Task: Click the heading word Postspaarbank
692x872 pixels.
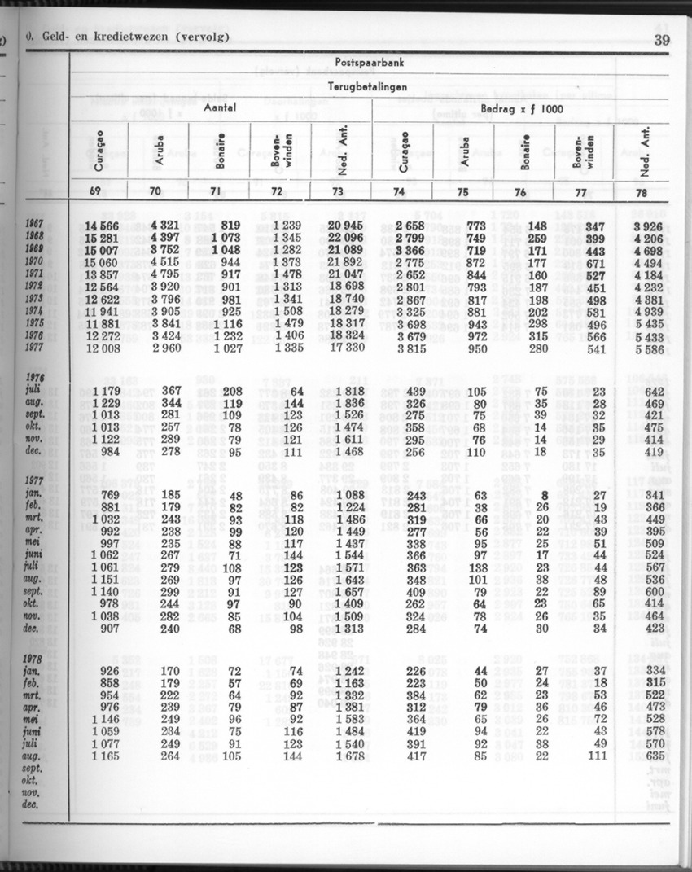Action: (x=370, y=63)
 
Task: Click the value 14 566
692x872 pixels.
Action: (x=102, y=225)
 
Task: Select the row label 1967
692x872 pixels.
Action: (x=36, y=225)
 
